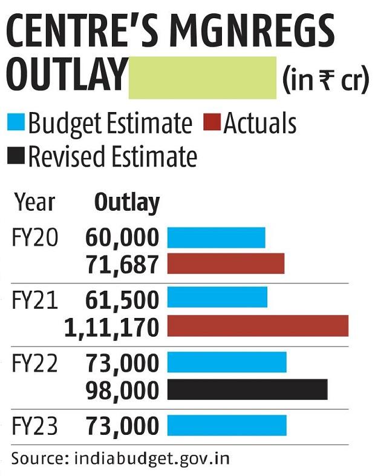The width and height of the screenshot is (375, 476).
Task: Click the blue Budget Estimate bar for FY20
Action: click(216, 237)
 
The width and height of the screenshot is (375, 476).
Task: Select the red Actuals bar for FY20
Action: click(226, 263)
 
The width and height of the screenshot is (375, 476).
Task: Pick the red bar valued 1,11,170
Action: click(258, 325)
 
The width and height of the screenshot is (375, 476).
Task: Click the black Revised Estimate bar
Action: click(247, 389)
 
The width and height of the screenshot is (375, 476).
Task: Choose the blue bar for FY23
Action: click(226, 426)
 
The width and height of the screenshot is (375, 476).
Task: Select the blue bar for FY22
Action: click(226, 363)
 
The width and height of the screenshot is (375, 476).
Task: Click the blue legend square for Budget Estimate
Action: click(18, 124)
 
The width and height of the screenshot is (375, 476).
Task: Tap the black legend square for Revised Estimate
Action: click(18, 157)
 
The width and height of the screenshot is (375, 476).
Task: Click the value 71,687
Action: click(122, 264)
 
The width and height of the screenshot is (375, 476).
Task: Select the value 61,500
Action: click(122, 299)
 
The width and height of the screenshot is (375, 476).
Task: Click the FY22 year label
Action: click(35, 363)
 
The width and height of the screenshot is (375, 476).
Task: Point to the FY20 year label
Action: click(35, 238)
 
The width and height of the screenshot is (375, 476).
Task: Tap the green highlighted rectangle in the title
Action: click(203, 76)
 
